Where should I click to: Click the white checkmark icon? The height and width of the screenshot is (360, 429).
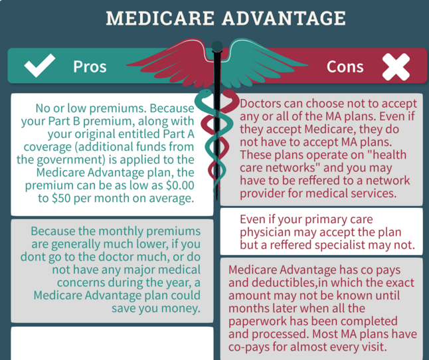click(x=39, y=66)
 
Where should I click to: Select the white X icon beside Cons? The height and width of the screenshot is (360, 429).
click(x=396, y=66)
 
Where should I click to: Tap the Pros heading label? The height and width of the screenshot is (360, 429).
click(x=90, y=66)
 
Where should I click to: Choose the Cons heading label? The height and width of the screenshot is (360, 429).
click(x=345, y=66)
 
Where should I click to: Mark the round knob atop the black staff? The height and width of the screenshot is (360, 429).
click(x=216, y=46)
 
